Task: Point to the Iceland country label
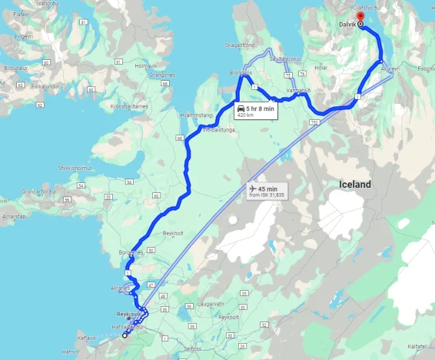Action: [x=355, y=185]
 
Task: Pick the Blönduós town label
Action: [x=241, y=72]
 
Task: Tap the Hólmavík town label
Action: [x=146, y=65]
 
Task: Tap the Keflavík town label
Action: [x=87, y=337]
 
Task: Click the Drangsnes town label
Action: [x=163, y=75]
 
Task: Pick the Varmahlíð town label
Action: [x=298, y=91]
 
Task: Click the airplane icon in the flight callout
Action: [x=253, y=188]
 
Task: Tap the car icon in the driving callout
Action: [x=241, y=107]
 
